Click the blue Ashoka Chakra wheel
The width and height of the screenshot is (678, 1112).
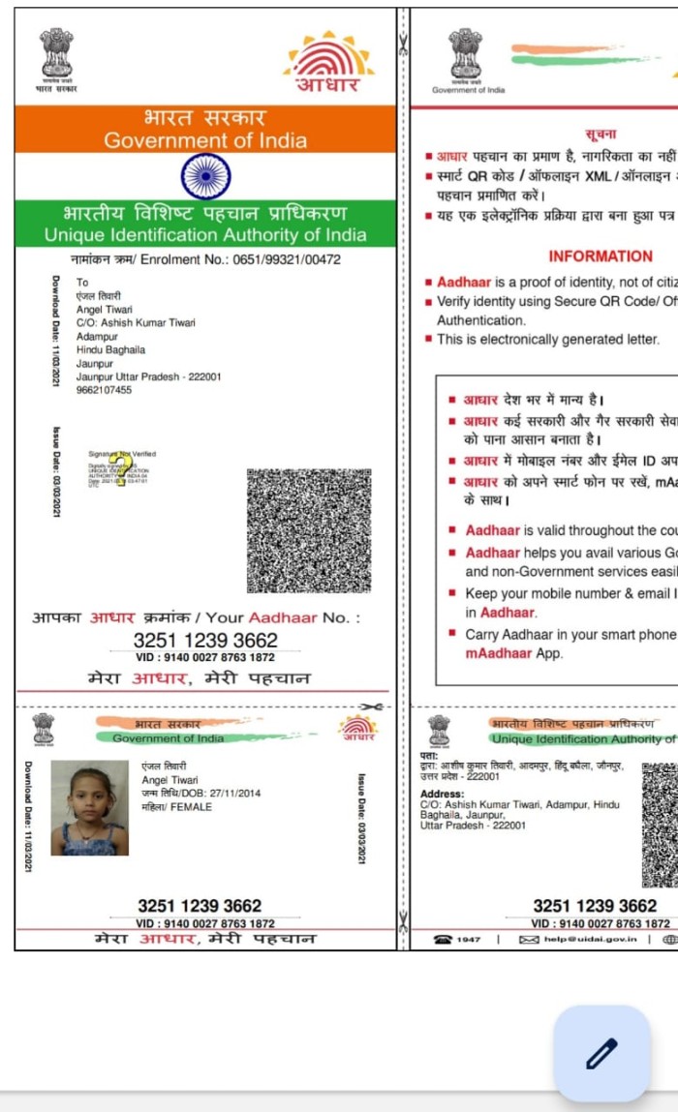pyautogui.click(x=205, y=176)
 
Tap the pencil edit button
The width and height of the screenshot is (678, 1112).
pyautogui.click(x=601, y=1053)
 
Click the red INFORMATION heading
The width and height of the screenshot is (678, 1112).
pyautogui.click(x=601, y=256)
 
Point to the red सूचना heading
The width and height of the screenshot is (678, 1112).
pyautogui.click(x=601, y=134)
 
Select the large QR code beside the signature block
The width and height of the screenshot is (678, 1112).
pyautogui.click(x=309, y=531)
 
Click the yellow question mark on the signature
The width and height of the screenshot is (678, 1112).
pyautogui.click(x=122, y=470)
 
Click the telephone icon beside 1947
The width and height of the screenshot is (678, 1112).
pyautogui.click(x=443, y=939)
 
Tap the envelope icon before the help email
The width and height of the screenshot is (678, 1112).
pyautogui.click(x=529, y=939)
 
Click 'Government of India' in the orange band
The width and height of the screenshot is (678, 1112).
pyautogui.click(x=205, y=140)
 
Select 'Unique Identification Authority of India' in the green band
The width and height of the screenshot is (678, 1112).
pyautogui.click(x=205, y=235)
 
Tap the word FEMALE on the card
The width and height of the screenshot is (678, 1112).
pyautogui.click(x=191, y=806)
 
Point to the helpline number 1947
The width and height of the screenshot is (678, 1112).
pyautogui.click(x=469, y=939)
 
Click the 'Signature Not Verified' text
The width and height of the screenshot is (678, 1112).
pyautogui.click(x=122, y=453)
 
